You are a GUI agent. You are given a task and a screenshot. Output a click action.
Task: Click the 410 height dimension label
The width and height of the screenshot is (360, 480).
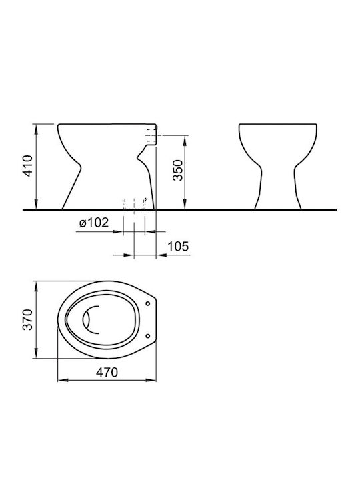[28, 166]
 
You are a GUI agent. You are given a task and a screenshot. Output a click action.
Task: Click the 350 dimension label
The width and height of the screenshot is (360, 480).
[177, 170]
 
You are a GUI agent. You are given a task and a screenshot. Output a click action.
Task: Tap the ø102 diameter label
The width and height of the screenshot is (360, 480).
[94, 223]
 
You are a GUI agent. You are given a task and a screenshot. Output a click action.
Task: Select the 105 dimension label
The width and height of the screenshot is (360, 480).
[178, 246]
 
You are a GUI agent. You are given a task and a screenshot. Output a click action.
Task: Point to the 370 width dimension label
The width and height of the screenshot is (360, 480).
[28, 319]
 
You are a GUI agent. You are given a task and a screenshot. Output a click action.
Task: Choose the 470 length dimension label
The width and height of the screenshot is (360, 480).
[107, 372]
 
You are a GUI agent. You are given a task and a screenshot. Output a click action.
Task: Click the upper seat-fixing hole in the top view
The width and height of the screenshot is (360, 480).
[148, 303]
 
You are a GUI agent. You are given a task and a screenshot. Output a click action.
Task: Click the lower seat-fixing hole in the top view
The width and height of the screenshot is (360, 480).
[148, 336]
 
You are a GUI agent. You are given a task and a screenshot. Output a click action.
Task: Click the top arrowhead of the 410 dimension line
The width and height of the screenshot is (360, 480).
[36, 129]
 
